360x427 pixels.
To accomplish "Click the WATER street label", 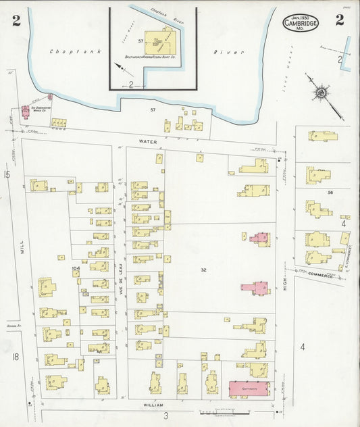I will (147, 142).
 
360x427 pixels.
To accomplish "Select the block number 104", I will (76, 269).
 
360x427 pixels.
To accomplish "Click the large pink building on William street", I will (249, 388).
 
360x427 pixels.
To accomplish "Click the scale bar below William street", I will (223, 411).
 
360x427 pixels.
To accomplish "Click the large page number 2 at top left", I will (16, 20).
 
